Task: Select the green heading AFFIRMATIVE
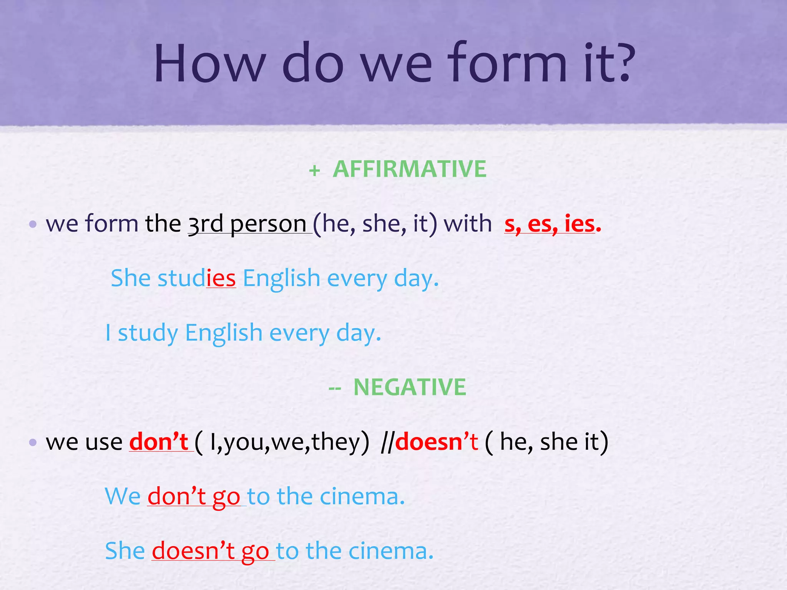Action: click(409, 169)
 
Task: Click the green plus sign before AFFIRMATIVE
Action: click(314, 171)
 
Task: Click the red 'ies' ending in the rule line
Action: click(579, 224)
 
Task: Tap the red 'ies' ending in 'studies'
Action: click(221, 278)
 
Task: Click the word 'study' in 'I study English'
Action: click(148, 333)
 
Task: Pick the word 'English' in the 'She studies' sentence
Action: click(281, 278)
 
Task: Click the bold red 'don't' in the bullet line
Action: click(158, 442)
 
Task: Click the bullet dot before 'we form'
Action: click(33, 224)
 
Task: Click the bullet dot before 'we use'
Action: click(33, 442)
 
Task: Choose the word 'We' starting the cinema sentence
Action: click(123, 496)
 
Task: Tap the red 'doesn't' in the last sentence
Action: click(193, 551)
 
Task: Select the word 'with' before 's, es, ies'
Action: click(467, 224)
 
